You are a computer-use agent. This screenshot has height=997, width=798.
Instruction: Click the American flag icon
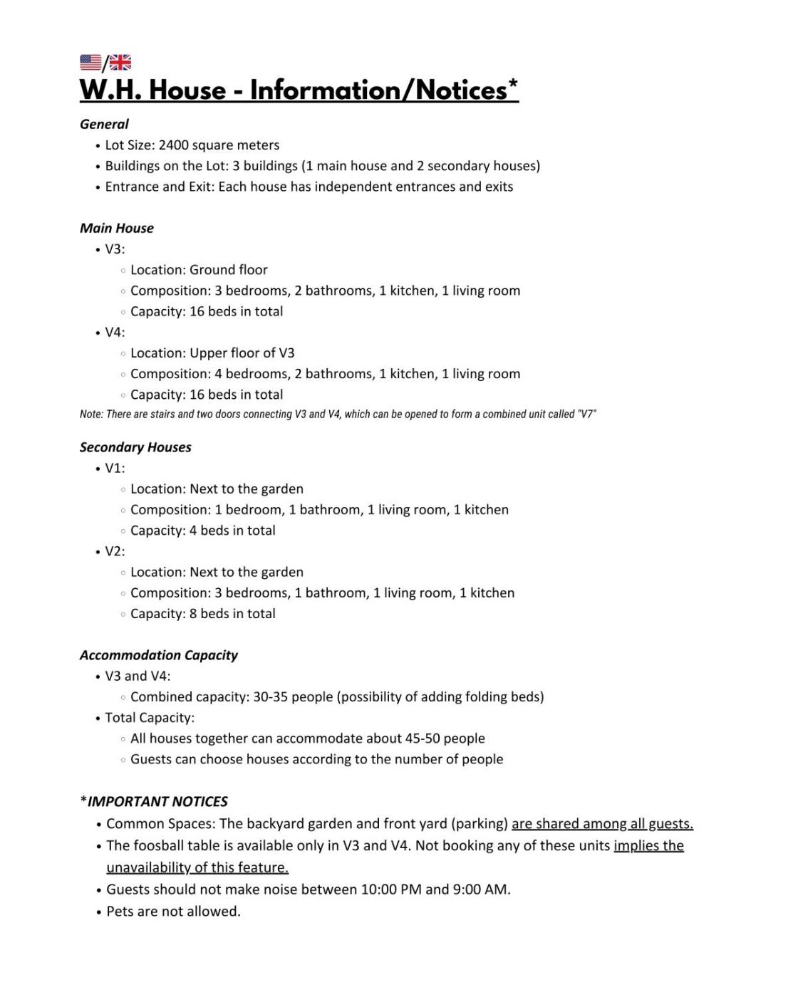tap(90, 63)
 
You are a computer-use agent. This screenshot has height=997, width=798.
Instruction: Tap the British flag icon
tap(120, 63)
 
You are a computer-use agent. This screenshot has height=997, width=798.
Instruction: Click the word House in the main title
tap(187, 90)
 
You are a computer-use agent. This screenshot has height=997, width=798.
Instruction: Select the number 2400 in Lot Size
tap(173, 145)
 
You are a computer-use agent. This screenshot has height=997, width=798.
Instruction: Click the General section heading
tap(104, 124)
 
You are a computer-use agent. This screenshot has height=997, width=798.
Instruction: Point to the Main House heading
tap(117, 228)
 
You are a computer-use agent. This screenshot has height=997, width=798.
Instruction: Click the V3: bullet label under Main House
tap(115, 249)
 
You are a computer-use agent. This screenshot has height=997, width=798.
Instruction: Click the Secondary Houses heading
tap(135, 447)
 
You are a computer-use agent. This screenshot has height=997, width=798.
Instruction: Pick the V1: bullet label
tap(115, 468)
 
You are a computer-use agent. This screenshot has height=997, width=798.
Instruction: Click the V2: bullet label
tap(115, 551)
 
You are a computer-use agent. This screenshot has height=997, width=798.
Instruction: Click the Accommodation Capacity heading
tap(158, 655)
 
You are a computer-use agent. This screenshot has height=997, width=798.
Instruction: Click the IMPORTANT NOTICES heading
tap(157, 802)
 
